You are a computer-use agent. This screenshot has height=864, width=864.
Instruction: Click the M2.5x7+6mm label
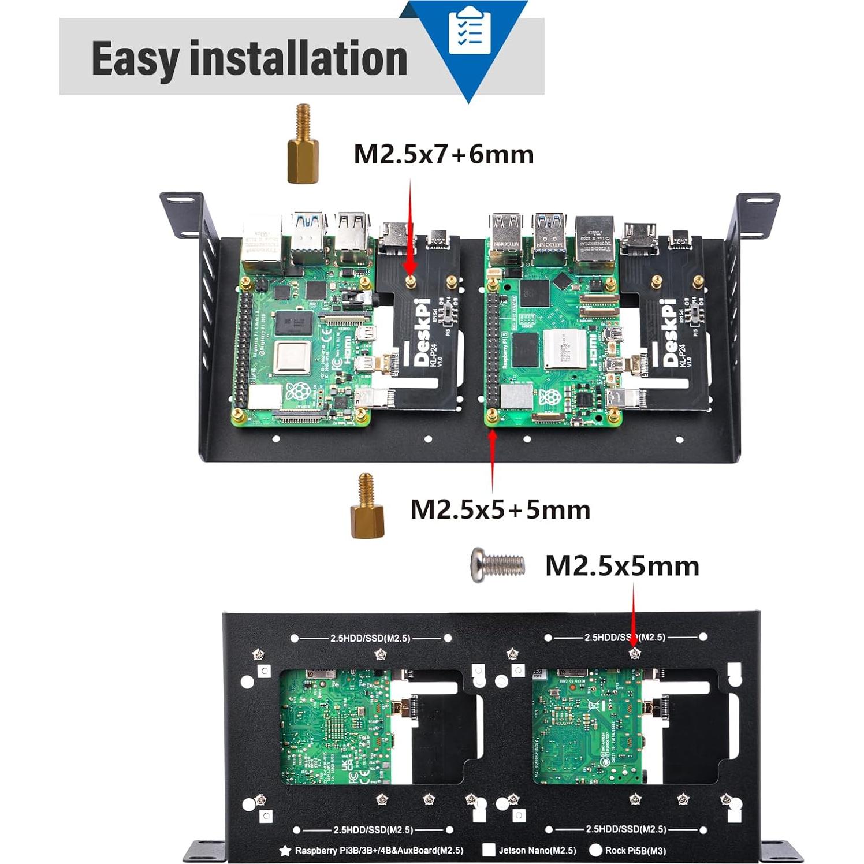click(444, 155)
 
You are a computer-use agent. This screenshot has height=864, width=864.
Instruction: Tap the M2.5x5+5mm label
click(500, 510)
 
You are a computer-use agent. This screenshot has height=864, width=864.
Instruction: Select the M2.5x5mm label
click(622, 566)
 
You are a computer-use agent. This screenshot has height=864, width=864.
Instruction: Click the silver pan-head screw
click(497, 565)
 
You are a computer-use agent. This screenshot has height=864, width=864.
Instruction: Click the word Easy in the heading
click(135, 59)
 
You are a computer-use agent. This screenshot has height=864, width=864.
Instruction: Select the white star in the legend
click(285, 850)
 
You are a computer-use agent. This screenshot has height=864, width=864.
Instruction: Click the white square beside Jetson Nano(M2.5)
click(489, 850)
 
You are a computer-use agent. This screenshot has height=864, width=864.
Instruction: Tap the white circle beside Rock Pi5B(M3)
click(595, 850)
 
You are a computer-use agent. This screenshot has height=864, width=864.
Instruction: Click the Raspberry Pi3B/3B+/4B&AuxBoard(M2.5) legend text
click(379, 850)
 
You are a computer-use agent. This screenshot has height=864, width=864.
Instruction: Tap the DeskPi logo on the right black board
click(669, 332)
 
